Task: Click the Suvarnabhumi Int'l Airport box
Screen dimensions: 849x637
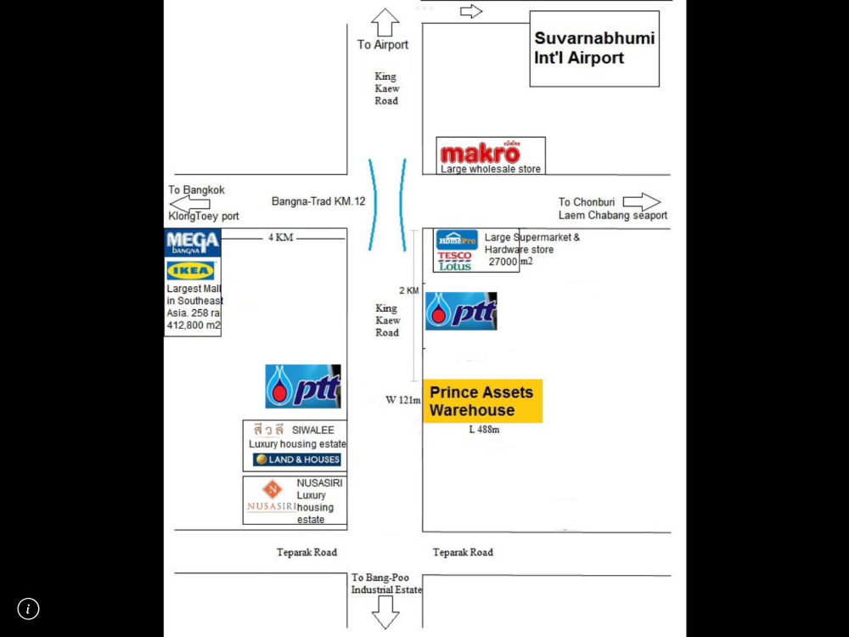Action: (x=594, y=48)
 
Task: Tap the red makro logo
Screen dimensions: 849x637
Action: (x=481, y=153)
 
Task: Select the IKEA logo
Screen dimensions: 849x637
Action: (x=190, y=270)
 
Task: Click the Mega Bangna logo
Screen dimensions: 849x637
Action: (x=193, y=242)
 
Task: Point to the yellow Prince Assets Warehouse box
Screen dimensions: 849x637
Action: (x=482, y=401)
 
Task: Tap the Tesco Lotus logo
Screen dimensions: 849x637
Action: (x=455, y=261)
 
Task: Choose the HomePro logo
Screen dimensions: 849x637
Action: (x=457, y=240)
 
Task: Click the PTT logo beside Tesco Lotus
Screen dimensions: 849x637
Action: (x=461, y=311)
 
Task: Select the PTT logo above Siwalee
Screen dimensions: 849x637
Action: (x=303, y=386)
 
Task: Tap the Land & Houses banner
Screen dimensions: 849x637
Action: (x=296, y=459)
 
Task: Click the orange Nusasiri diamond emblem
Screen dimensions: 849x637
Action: (x=273, y=489)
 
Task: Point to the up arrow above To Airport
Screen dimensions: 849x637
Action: (x=385, y=22)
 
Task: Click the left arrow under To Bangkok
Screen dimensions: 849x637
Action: (x=189, y=204)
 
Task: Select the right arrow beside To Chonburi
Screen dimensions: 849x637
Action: (x=642, y=201)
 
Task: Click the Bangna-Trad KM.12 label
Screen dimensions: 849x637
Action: (x=318, y=201)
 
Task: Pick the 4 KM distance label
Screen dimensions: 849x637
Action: (x=280, y=237)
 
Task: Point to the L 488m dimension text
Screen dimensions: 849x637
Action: (x=484, y=430)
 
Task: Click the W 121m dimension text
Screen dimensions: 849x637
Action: (x=402, y=400)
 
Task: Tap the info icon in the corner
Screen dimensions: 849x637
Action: (x=28, y=608)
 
